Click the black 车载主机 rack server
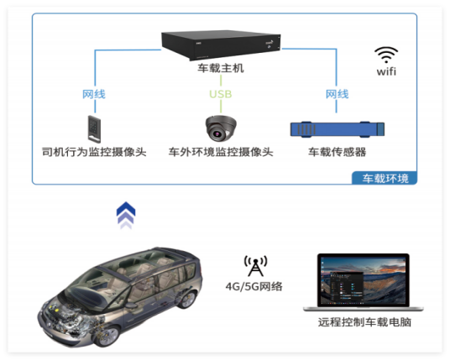click(221, 44)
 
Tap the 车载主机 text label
click(221, 68)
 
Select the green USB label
click(221, 94)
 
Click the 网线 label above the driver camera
click(94, 94)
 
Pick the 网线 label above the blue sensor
click(337, 94)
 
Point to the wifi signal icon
click(386, 55)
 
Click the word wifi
click(386, 71)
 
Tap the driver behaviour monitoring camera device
click(94, 128)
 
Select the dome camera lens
click(217, 133)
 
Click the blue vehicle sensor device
click(337, 129)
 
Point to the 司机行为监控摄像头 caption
click(94, 152)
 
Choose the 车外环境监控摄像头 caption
click(221, 152)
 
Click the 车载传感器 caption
click(337, 152)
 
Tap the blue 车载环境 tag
click(385, 178)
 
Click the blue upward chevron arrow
click(126, 215)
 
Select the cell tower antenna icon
click(255, 266)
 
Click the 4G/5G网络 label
click(254, 286)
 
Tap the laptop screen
click(364, 280)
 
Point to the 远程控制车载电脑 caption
click(364, 322)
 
